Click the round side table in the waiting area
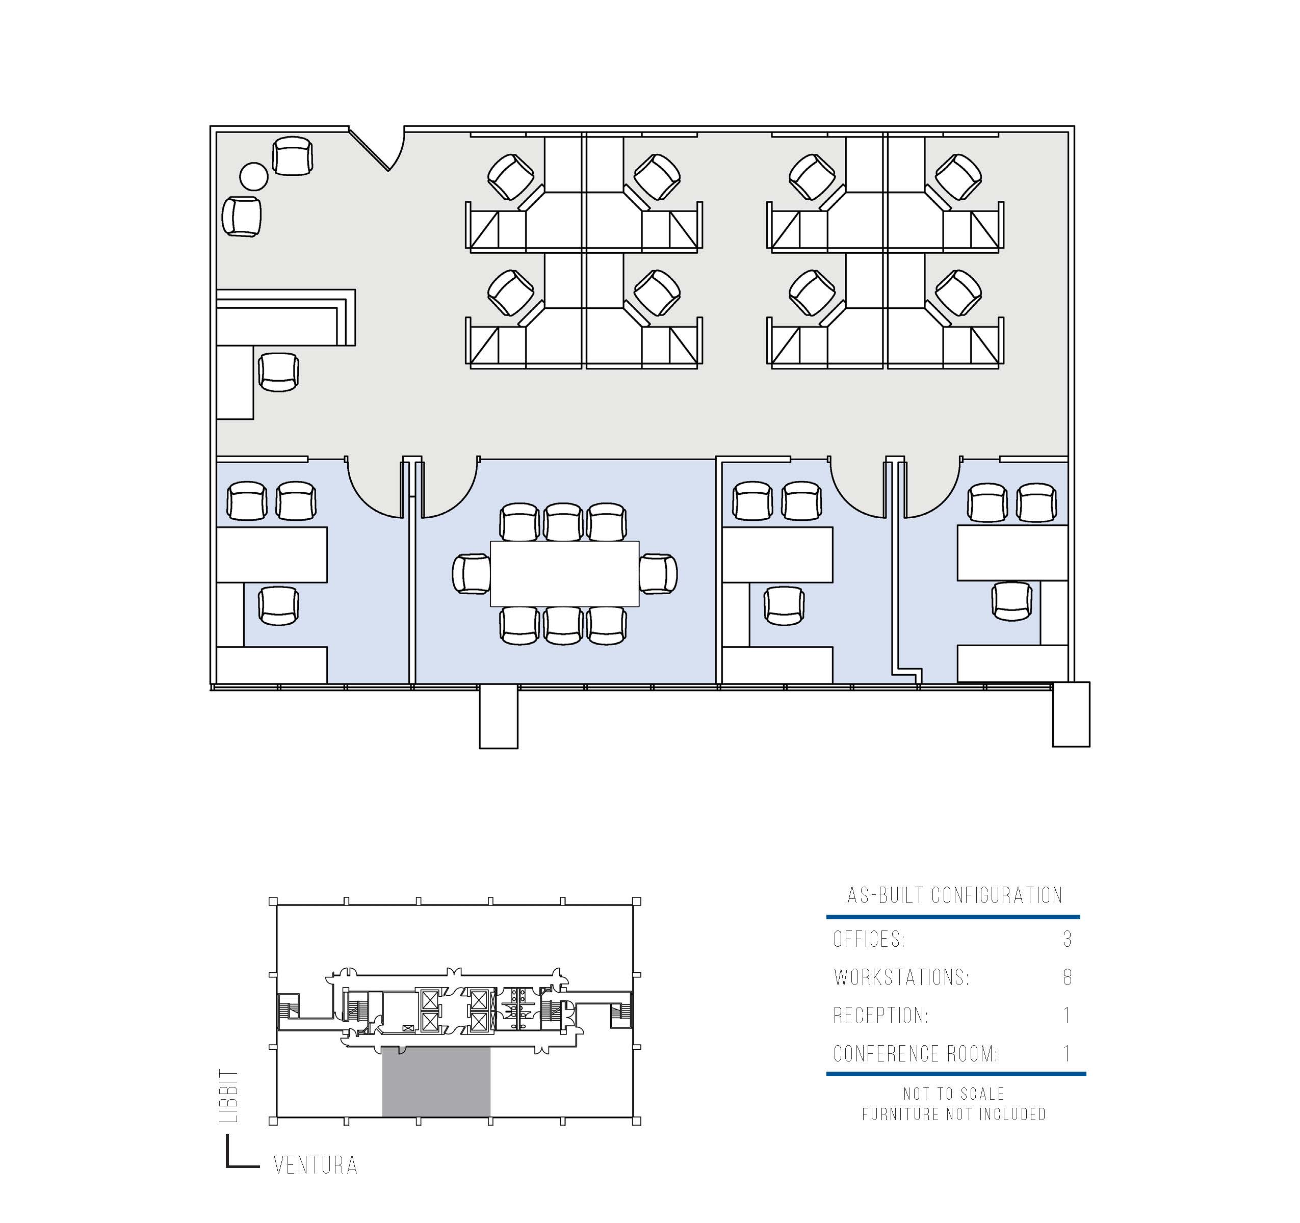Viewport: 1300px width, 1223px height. pos(254,176)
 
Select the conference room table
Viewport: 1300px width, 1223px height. pos(564,573)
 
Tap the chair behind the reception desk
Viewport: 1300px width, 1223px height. pos(278,372)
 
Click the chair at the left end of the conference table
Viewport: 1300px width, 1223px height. pos(472,573)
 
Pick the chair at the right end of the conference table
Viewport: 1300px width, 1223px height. pos(658,573)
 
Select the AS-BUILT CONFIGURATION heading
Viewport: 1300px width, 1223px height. pos(955,895)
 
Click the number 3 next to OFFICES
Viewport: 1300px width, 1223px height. pos(1067,939)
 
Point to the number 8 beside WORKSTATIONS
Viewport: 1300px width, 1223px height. pos(1067,977)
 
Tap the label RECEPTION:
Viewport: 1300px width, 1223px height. pos(881,1015)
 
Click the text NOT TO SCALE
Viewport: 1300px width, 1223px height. pos(954,1094)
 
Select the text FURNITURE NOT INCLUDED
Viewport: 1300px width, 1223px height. pos(954,1114)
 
